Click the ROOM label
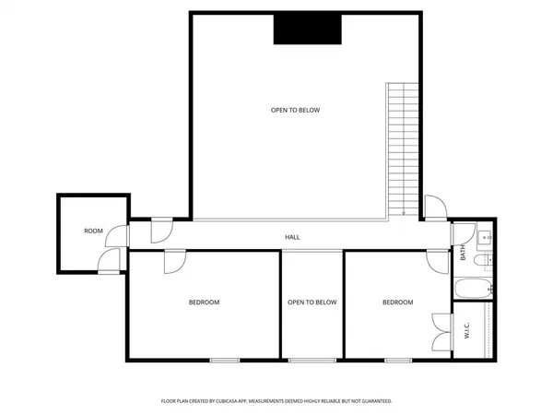click(93, 231)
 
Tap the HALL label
click(292, 237)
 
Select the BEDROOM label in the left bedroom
click(204, 302)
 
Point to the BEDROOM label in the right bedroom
click(398, 302)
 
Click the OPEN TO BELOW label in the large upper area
click(295, 111)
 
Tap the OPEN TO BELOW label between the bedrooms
click(312, 302)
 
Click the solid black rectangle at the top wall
click(307, 30)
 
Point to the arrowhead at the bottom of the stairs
click(403, 214)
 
